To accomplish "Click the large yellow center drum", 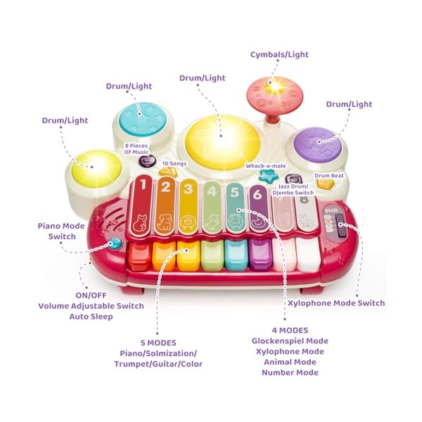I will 218,137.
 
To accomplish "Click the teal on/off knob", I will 114,245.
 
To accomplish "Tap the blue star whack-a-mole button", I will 266,176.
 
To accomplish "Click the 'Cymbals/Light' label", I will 279,54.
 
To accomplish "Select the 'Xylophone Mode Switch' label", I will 336,303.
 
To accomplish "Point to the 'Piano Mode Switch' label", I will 62,231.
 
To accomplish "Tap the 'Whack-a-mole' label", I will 264,166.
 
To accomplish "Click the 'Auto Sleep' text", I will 91,316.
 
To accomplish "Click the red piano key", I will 139,257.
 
